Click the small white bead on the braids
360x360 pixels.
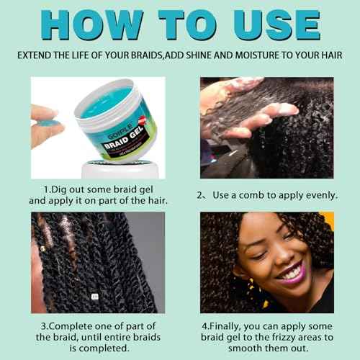91,296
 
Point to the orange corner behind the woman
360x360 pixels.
327,220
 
